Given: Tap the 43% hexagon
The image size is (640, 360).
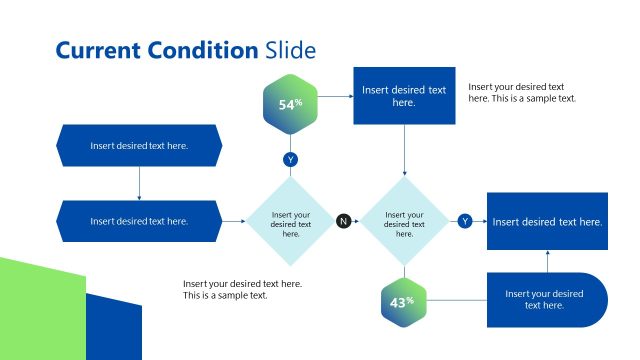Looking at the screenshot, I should click(403, 302).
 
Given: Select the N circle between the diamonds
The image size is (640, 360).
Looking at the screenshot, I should click(344, 221).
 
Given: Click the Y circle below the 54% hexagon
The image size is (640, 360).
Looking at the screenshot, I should click(291, 160).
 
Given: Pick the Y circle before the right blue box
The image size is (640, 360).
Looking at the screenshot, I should click(465, 221).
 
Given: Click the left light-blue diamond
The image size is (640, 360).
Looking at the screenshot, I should click(291, 221).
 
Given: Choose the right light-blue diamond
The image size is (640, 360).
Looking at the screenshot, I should click(404, 221).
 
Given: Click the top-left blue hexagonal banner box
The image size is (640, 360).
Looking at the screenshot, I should click(139, 145).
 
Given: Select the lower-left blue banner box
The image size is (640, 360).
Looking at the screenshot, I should click(139, 221).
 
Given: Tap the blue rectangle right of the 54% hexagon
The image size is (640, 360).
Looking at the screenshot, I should click(404, 96).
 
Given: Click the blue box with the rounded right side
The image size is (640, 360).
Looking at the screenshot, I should click(546, 300).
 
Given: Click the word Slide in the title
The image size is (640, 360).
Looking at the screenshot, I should click(291, 50).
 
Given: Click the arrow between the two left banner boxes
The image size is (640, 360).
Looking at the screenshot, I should click(139, 183).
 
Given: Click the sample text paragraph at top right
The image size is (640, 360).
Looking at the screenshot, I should click(521, 93).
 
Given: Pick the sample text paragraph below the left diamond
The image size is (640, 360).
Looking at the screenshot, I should click(242, 289).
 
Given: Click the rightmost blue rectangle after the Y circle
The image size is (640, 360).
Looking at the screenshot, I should click(547, 221).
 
